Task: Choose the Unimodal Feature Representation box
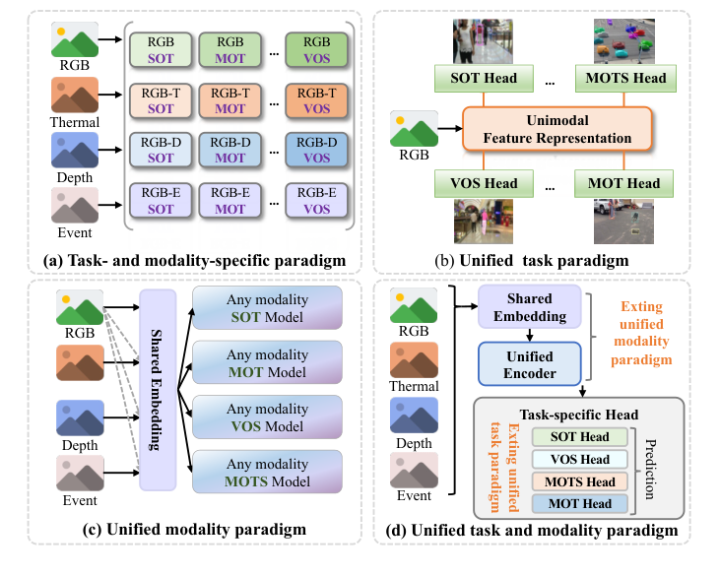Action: [x=558, y=128]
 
